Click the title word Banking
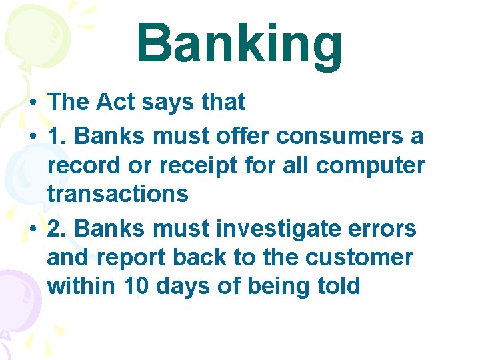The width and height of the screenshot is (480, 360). click(x=239, y=45)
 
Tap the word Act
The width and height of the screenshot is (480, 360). click(x=115, y=102)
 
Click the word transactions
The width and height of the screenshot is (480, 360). click(x=118, y=194)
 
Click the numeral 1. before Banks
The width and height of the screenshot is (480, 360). click(x=58, y=136)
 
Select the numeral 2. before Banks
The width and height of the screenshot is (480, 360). click(x=58, y=229)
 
